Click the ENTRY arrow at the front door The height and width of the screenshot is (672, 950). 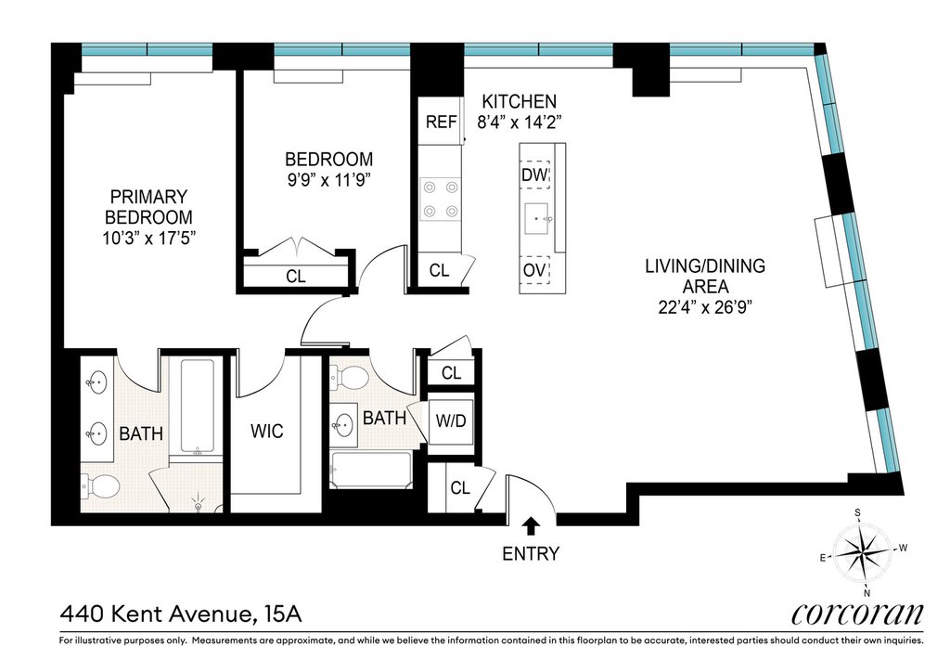click(532, 526)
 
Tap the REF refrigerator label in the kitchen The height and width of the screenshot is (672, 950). click(441, 122)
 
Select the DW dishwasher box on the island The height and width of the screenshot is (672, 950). click(535, 175)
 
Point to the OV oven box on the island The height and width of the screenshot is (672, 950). click(534, 270)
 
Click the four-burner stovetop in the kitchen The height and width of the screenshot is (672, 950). click(441, 199)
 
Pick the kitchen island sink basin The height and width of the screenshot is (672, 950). click(537, 219)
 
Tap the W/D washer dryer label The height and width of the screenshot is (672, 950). click(451, 420)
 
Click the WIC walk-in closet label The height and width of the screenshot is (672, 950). click(266, 431)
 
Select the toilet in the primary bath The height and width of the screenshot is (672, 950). click(100, 485)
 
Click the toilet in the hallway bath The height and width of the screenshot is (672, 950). click(350, 379)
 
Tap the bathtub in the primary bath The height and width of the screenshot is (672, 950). click(198, 407)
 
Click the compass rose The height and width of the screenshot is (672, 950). click(862, 551)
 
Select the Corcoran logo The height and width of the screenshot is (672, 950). click(857, 614)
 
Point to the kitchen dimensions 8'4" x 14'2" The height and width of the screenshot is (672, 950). click(520, 122)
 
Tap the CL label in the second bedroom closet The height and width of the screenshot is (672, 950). click(296, 277)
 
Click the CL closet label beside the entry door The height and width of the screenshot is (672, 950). click(460, 487)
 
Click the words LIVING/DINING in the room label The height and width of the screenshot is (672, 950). click(705, 266)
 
